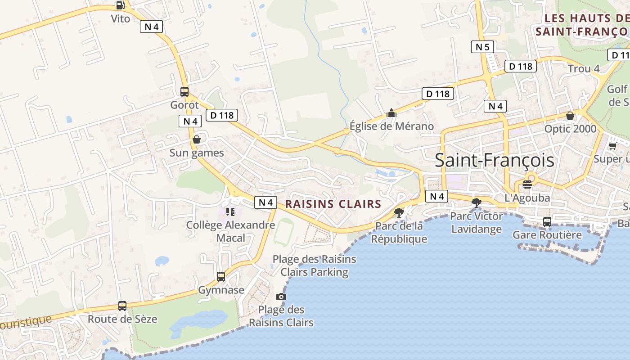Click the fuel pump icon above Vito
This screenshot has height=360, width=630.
pos(120,5)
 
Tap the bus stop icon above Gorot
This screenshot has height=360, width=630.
pos(184,92)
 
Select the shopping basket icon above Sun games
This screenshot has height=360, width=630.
pos(197,139)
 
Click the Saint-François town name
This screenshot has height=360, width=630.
pos(494,161)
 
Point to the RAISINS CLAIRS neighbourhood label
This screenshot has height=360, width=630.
pos(333,204)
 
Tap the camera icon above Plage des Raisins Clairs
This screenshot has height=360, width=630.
pos(281,297)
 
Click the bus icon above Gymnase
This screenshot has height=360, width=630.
pos(221,276)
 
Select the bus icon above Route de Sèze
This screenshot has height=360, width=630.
pos(122,306)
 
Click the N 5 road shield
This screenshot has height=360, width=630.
pos(482,47)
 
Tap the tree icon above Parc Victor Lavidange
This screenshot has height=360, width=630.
pos(477,203)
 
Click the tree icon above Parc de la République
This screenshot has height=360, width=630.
pos(399,213)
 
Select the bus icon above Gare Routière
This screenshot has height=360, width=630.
pos(547,221)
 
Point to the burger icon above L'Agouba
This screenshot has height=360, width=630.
pos(527,184)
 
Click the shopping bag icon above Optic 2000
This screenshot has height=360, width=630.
pos(570,116)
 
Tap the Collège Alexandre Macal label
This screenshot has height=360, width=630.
pos(230,231)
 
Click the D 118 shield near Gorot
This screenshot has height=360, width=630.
pos(222,115)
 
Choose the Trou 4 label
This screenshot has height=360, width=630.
pos(584,69)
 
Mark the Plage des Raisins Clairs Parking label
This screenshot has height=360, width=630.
pos(315,265)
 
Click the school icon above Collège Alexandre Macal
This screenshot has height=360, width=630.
pos(230,211)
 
